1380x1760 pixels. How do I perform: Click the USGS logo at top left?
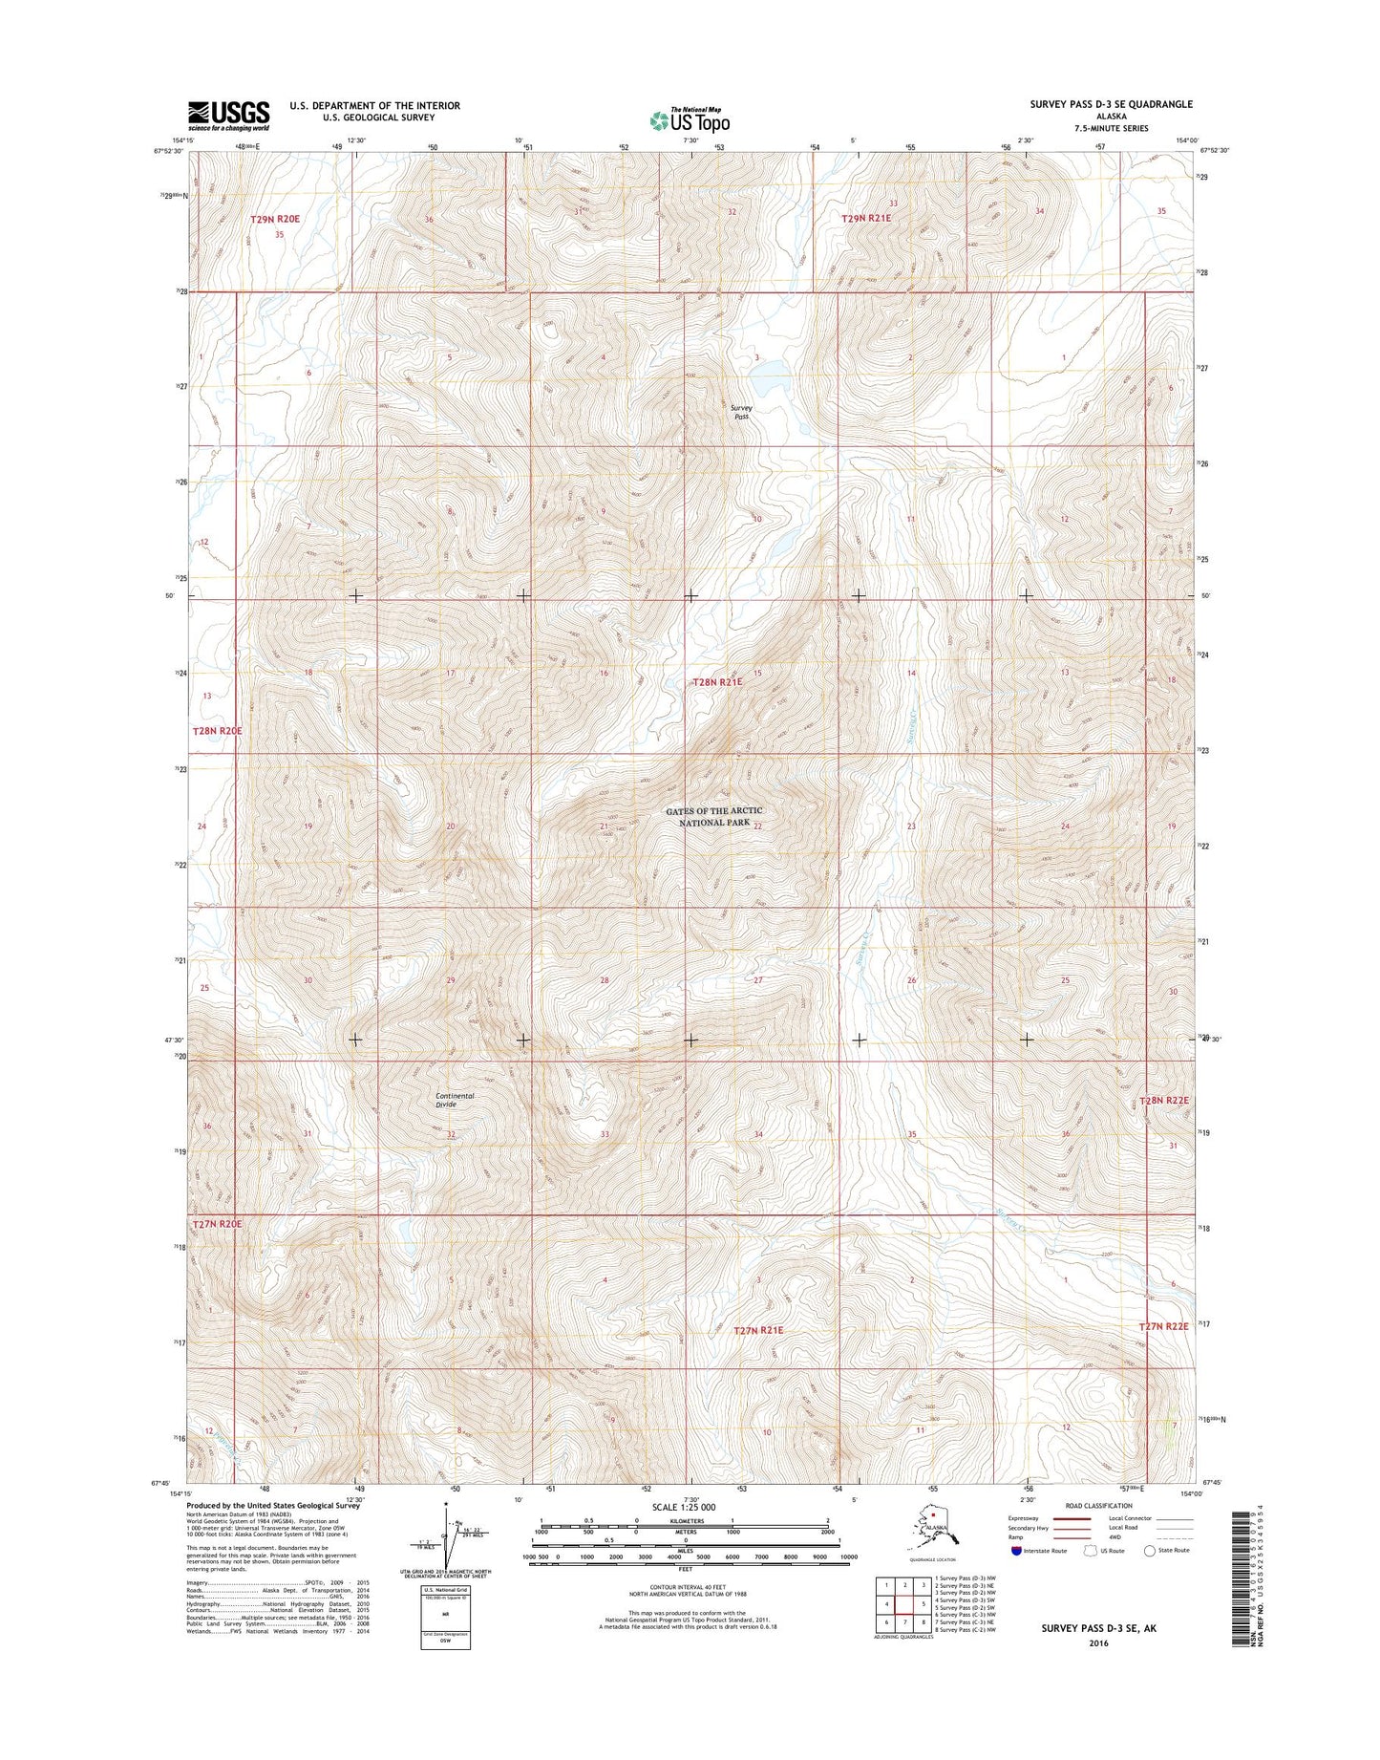click(228, 116)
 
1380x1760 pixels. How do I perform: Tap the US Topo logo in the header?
click(690, 120)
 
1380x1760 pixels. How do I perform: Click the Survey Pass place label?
click(742, 412)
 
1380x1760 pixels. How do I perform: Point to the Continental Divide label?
click(455, 1100)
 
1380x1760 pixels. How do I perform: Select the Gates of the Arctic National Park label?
click(714, 816)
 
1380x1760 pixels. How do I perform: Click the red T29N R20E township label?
click(275, 219)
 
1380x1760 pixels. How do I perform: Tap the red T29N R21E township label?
click(866, 219)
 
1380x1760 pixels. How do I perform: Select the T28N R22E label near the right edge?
click(1164, 1101)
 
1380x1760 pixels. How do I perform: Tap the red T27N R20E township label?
click(218, 1223)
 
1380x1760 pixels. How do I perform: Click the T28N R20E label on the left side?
click(218, 730)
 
